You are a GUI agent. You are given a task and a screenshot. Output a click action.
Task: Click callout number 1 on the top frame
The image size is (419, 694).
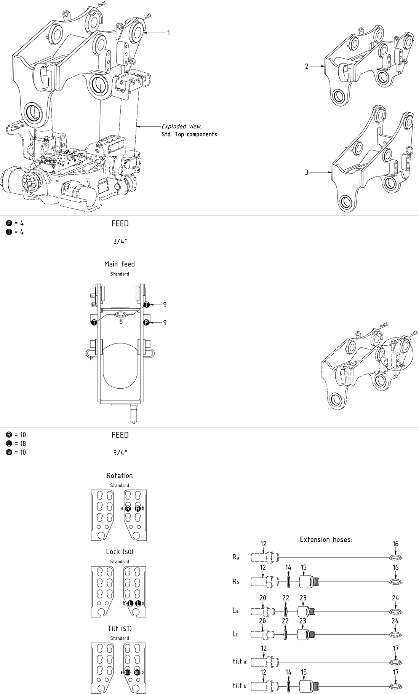tap(168, 33)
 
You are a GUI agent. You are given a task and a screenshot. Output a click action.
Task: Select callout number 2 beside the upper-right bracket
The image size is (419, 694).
tap(307, 66)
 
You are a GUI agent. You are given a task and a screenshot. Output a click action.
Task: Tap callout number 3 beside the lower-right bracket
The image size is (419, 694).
tap(307, 172)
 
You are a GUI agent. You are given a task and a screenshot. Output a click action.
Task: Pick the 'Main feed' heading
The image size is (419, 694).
tap(120, 264)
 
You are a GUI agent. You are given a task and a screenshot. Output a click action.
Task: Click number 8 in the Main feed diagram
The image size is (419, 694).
tap(121, 321)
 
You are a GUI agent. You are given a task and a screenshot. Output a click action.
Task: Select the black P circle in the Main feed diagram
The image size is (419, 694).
tap(146, 323)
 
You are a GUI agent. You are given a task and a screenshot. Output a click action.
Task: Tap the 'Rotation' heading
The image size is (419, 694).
tap(120, 475)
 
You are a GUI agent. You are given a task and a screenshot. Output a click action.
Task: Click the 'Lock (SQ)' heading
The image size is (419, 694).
tap(120, 552)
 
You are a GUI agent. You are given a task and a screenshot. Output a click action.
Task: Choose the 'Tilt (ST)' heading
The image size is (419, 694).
tap(120, 628)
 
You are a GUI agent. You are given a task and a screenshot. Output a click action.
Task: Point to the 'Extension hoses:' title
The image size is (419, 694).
tap(326, 539)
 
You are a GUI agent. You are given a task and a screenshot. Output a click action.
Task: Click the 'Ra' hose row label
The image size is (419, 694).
tap(236, 557)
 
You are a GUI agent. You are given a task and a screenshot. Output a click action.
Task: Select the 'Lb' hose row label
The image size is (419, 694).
tap(236, 634)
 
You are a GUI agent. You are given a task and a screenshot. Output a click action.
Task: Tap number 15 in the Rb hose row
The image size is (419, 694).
tap(304, 568)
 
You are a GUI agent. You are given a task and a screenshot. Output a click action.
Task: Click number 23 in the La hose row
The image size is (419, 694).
tap(303, 598)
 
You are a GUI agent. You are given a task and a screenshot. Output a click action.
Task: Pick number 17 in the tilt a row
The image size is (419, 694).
tap(395, 648)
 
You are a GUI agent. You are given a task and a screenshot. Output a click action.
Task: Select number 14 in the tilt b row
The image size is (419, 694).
tap(288, 672)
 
